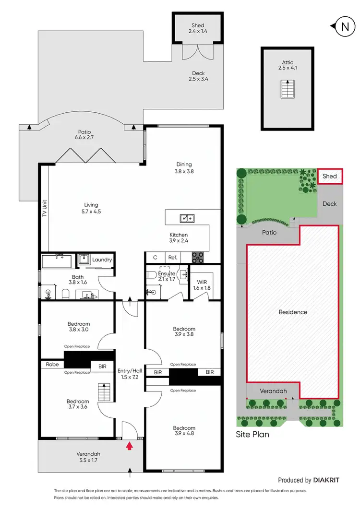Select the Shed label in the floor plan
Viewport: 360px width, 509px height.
tap(197, 28)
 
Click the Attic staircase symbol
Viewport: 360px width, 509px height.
tap(287, 89)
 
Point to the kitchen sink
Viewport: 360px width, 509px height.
tap(187, 219)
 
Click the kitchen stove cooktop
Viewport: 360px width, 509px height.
tap(198, 257)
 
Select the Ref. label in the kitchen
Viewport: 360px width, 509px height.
tap(173, 258)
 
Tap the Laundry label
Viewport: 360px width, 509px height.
tap(102, 260)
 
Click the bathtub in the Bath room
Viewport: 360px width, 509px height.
tap(56, 262)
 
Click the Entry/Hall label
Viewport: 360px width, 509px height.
tap(129, 374)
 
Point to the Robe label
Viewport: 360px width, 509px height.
tap(52, 365)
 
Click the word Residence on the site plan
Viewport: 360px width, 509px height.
tap(293, 312)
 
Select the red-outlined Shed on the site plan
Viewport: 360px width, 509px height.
tap(329, 176)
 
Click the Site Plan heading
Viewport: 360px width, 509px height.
tap(252, 435)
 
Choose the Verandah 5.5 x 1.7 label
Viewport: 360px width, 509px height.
tap(90, 458)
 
